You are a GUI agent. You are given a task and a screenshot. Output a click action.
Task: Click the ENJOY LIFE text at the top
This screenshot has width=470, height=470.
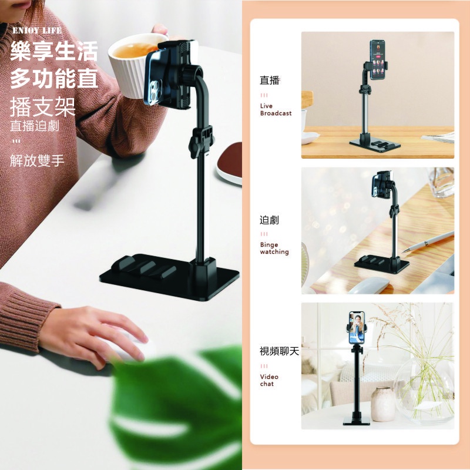pos(37,31)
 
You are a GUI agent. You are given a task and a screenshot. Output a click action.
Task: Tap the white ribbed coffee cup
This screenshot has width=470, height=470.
pos(132,65)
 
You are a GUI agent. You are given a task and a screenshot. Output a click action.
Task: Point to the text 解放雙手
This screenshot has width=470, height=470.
pos(37,160)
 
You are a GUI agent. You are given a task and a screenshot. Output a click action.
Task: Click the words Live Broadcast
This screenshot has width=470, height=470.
pos(276,109)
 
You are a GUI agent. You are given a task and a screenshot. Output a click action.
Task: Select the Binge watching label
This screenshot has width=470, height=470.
pos(274,248)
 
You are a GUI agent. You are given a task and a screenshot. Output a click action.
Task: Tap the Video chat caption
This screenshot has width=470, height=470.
pos(269,380)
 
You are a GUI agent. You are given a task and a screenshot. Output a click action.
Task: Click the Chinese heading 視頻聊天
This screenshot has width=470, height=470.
pos(279,351)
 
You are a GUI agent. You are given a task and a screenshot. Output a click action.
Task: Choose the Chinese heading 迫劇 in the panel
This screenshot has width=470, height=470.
pos(269,220)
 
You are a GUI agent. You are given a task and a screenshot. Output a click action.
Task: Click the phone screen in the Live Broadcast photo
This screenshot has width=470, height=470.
pos(378,60)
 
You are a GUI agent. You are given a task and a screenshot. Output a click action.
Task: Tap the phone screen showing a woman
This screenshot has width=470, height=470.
pos(357,328)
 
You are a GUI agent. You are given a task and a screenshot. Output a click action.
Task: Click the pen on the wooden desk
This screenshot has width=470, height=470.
pos(427,242)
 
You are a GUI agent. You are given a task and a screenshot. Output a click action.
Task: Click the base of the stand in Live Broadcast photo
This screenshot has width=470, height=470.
pos(375,145)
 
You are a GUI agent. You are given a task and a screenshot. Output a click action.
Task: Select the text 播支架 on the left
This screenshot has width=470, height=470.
pos(42,107)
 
